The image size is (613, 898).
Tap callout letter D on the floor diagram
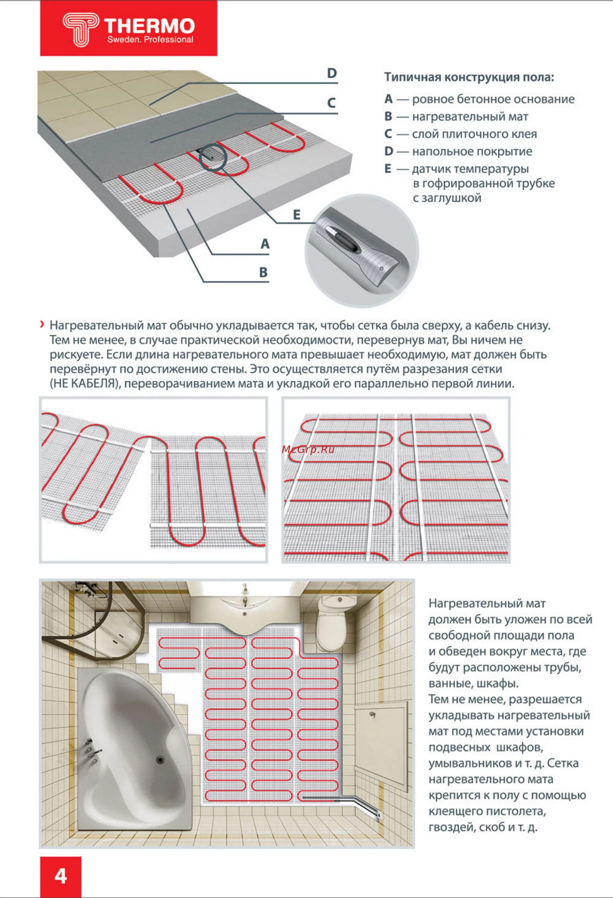coord(332,73)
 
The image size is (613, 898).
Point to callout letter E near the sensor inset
coord(296,215)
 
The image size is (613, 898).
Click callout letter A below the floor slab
coord(265,244)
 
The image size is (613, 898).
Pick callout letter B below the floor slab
coord(263,272)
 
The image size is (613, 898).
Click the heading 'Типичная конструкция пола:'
coord(469,77)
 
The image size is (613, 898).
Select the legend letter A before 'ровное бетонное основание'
coord(388,99)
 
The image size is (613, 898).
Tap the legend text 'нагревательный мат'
coord(470,117)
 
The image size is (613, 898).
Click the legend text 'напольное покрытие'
coord(472,151)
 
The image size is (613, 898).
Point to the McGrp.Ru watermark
coord(308,449)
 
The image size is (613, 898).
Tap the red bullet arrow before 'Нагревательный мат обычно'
coord(42,324)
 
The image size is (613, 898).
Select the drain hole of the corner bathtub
coord(160,760)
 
